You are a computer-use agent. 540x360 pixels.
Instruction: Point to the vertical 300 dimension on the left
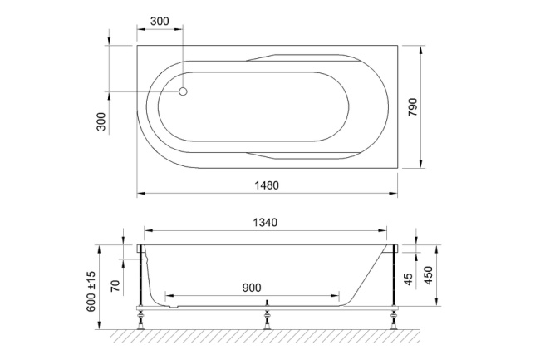101,121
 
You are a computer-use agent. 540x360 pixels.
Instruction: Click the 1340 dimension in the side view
264,222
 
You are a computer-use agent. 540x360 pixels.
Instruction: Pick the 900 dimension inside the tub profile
252,287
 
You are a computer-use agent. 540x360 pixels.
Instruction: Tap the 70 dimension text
115,287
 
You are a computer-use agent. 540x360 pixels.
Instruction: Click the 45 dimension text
408,279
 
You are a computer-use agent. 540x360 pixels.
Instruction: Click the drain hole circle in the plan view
184,93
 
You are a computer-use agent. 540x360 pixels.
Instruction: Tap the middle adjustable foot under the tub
266,317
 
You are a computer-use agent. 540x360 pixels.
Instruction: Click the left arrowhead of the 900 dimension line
168,295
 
